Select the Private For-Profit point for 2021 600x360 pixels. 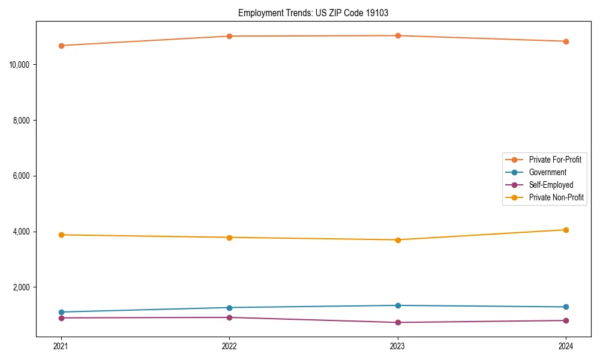pos(61,46)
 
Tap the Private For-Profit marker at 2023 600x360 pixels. pos(398,35)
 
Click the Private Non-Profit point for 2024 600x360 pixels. pos(566,230)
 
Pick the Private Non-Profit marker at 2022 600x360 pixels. pos(229,238)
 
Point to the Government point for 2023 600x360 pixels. pos(398,305)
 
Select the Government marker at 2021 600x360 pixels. pos(61,312)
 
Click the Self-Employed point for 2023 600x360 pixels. pos(398,322)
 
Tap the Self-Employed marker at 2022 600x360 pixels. pos(229,317)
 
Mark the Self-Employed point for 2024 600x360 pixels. pos(566,320)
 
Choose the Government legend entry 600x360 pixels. pos(547,172)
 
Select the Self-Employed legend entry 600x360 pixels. pos(551,185)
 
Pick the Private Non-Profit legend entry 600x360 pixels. pos(556,197)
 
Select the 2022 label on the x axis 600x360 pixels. pos(229,346)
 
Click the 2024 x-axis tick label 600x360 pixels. pos(566,346)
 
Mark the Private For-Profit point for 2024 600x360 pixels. pos(566,41)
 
